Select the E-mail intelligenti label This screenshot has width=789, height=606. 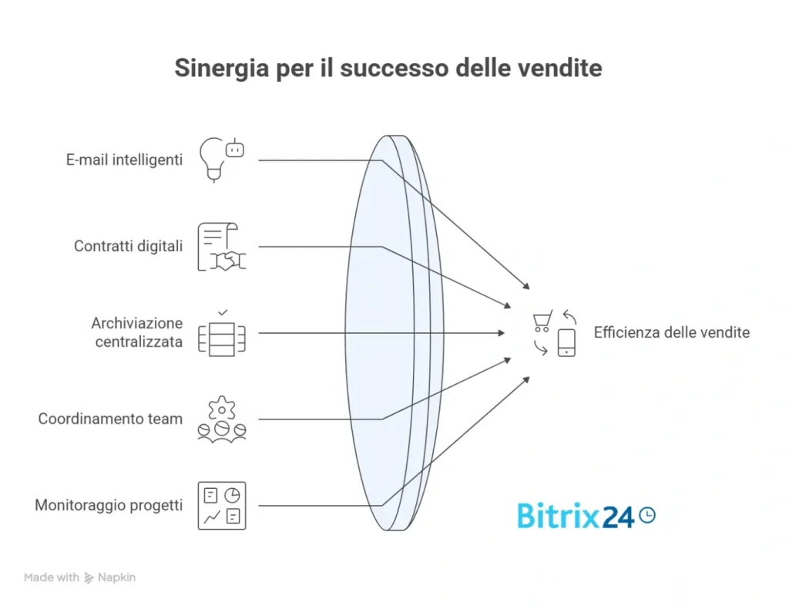tap(124, 160)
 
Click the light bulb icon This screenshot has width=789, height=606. tap(215, 159)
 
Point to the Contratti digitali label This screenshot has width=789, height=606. tap(129, 247)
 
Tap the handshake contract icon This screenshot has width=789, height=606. tap(221, 247)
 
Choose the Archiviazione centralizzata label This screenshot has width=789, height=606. tap(137, 332)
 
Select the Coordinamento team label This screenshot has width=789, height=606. tap(111, 419)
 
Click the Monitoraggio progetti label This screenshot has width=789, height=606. tap(109, 506)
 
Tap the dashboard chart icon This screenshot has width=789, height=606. tap(222, 506)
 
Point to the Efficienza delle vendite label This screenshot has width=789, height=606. tap(671, 333)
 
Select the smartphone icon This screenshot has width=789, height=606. tap(566, 342)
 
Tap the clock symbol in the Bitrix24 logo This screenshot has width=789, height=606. tap(647, 514)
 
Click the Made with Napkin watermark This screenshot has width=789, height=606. tap(79, 577)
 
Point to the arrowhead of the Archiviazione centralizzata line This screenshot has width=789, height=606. tap(502, 333)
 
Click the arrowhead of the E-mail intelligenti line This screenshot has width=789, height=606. tap(527, 286)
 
